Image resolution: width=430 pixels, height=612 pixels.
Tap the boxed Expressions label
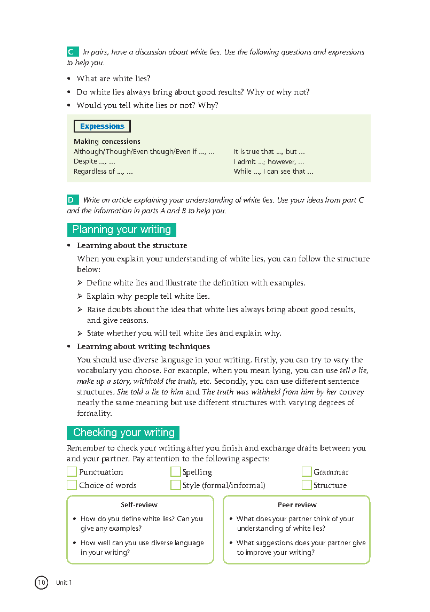pos(102,127)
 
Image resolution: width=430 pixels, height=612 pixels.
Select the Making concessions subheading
pos(107,142)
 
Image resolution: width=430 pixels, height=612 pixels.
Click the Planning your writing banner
pos(121,230)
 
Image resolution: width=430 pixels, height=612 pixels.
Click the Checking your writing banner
pos(123,432)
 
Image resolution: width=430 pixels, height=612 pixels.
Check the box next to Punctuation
pos(72,471)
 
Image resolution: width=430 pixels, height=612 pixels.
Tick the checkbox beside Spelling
pos(175,471)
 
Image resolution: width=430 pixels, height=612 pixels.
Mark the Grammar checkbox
pos(306,471)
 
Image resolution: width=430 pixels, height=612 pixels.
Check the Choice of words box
pos(72,485)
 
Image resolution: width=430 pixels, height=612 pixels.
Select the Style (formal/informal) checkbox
pos(175,485)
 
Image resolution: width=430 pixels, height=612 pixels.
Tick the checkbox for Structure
pos(306,485)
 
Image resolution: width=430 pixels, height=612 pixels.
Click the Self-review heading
pos(139,505)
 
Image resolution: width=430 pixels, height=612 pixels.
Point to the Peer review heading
pos(297,505)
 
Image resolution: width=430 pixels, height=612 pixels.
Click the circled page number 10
pos(42,582)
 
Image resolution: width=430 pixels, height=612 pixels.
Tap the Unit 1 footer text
pos(64,583)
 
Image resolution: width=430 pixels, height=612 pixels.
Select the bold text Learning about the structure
pos(132,245)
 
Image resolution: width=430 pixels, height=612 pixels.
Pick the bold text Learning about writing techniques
pos(143,346)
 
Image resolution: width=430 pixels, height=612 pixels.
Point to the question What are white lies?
pos(113,79)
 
